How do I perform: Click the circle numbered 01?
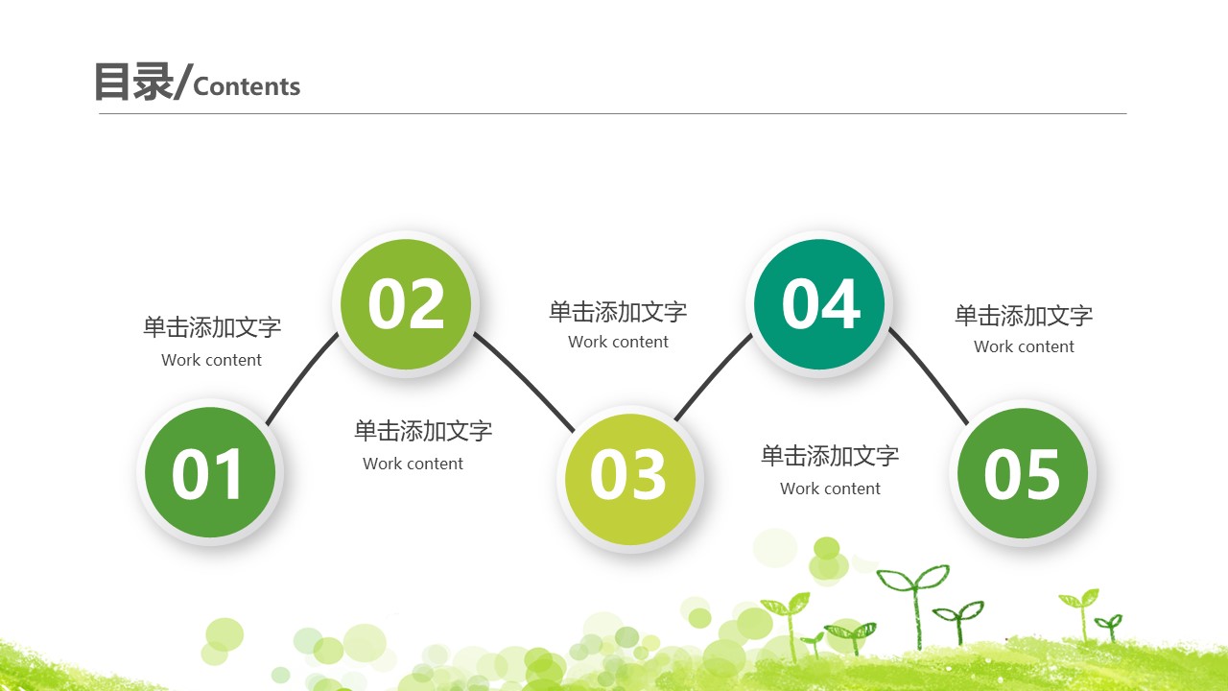coord(210,472)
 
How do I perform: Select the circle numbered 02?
coord(406,303)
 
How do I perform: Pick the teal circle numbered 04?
coord(819,304)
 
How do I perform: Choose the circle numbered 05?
coord(1022,473)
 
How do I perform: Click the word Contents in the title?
coord(247,87)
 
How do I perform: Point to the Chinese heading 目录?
coord(132,83)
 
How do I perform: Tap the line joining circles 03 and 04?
coord(712,378)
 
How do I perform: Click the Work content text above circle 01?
coord(211,361)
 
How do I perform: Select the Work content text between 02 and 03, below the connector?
coord(413,465)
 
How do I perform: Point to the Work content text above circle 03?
coord(618,343)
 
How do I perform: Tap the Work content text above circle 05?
coord(1024,347)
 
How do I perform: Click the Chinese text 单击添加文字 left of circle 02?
coord(212,327)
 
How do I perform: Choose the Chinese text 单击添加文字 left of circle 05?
coord(830,456)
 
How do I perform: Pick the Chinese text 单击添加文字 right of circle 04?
coord(1024,315)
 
